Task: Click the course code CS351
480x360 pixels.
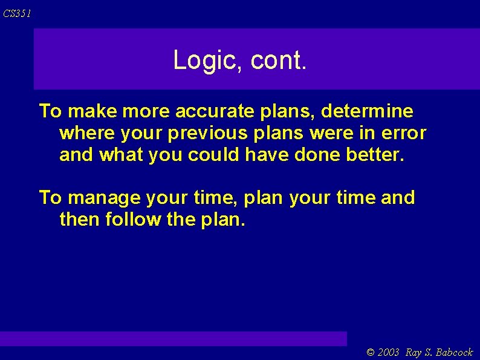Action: [16, 13]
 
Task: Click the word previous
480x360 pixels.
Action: [209, 133]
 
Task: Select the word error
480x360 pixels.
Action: [404, 133]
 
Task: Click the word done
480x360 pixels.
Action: [318, 155]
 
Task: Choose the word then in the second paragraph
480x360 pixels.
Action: [80, 220]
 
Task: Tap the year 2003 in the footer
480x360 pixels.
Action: [389, 352]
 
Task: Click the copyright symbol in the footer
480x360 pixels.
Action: [371, 352]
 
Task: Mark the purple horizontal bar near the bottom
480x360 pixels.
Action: [174, 338]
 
